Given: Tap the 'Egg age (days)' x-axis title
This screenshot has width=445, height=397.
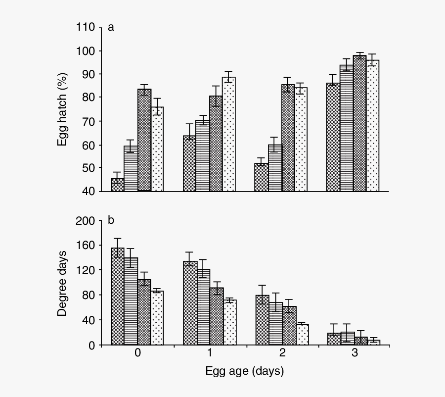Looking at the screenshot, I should (245, 371).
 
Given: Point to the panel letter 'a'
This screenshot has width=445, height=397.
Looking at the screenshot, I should (111, 27).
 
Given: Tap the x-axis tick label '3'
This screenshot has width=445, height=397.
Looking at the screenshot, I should (354, 353).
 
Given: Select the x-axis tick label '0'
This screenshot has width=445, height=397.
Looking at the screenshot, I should (137, 353).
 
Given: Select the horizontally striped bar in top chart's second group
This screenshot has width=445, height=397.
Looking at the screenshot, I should (203, 155).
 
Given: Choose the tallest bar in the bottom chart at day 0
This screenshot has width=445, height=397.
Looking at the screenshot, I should (118, 297).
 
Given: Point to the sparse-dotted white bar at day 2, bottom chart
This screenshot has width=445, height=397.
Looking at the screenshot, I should (302, 335).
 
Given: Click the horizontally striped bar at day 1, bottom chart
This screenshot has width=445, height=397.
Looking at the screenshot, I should (203, 307).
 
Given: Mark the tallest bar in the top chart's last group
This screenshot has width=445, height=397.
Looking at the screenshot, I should (359, 123).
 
